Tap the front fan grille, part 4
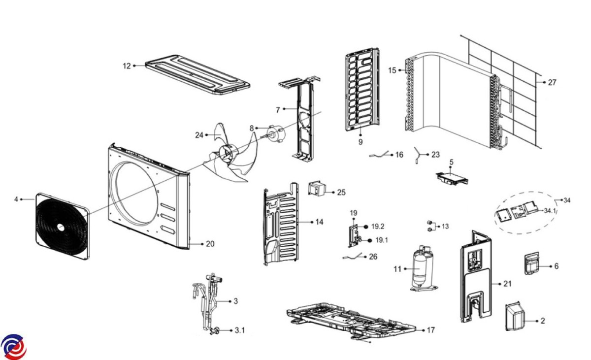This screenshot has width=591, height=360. [x=62, y=227]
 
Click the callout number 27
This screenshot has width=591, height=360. [x=552, y=83]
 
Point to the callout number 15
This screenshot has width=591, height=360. [x=392, y=70]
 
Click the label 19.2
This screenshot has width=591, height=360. [x=378, y=227]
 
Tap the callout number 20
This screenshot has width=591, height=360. [x=210, y=244]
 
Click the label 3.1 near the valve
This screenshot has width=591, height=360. [x=239, y=330]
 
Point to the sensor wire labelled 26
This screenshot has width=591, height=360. [x=354, y=257]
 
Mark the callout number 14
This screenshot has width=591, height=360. [x=319, y=222]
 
